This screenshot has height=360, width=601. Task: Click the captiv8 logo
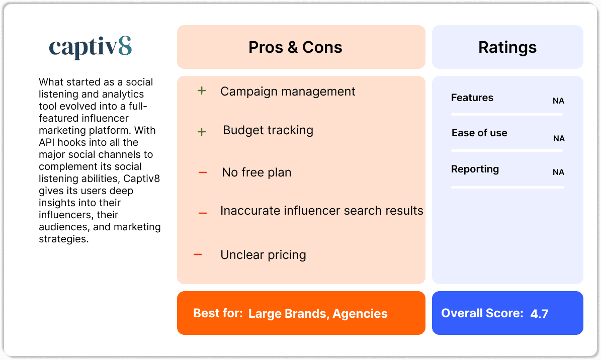[91, 48]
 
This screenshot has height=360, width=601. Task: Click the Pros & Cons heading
[295, 47]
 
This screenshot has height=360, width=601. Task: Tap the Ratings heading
[507, 47]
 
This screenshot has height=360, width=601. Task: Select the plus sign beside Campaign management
[202, 92]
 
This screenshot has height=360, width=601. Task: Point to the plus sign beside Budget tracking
[202, 132]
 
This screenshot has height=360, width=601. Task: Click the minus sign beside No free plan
[203, 173]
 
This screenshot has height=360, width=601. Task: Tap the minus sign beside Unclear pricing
[198, 255]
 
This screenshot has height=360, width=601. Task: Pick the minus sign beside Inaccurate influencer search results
[203, 213]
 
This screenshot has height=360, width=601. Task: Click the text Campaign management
[288, 92]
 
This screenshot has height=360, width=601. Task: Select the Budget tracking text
[268, 130]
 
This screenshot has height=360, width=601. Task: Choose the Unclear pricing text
[263, 255]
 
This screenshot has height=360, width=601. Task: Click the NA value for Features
[558, 101]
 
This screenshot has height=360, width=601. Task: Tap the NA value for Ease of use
[559, 139]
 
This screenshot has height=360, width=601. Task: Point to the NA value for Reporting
[558, 172]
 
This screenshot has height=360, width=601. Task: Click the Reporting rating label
[475, 169]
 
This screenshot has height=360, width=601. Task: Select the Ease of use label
[479, 133]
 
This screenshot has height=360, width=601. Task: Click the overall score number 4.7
[539, 314]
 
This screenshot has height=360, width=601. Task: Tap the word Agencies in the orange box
[360, 314]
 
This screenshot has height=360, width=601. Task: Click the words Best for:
[218, 314]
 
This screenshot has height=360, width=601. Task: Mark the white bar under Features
[507, 115]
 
